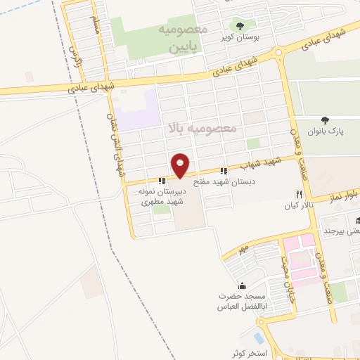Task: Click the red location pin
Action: [x=181, y=165]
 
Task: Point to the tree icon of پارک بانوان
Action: [x=324, y=120]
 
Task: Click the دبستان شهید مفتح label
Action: [x=226, y=181]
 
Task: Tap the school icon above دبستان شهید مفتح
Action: [x=224, y=170]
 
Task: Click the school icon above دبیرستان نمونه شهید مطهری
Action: [x=162, y=181]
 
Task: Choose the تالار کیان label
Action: [x=296, y=206]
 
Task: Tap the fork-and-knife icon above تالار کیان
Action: [x=299, y=194]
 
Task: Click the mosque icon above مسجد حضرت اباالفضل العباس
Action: [x=243, y=286]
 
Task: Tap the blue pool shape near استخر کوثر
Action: [x=259, y=340]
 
